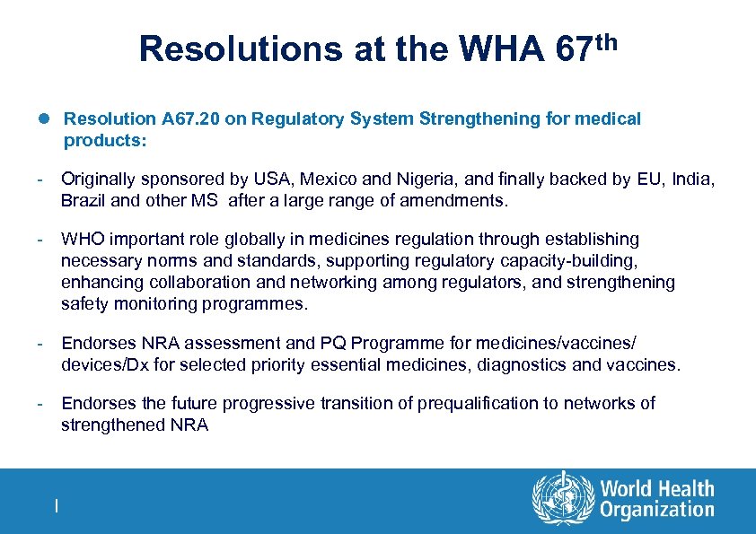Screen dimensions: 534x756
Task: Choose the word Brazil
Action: pyautogui.click(x=84, y=200)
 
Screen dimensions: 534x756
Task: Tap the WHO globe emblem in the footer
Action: pyautogui.click(x=563, y=499)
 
